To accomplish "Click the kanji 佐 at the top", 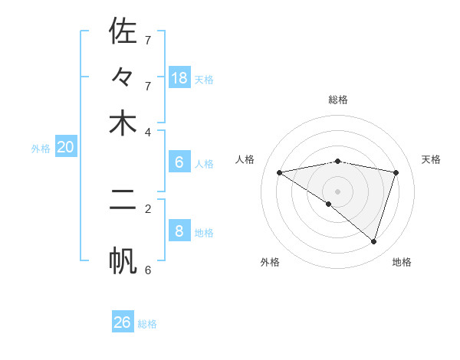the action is pos(123,31).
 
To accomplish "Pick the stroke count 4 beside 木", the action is pos(148,131).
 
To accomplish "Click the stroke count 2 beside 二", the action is pos(148,208).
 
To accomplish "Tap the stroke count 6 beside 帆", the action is pos(148,270).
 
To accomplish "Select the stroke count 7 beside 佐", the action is pos(148,40).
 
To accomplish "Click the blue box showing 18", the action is pos(179,77).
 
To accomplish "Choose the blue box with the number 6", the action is pos(179,162).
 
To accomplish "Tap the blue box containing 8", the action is pos(179,231).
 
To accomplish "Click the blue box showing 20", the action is pos(65,147).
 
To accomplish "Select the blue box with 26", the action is pos(123,322).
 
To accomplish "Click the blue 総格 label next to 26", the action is pos(147,324).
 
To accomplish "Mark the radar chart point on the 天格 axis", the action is pos(396,172).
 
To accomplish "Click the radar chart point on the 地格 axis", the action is pos(373,241).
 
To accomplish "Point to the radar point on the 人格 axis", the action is pos(280,172).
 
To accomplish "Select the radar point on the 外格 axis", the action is pos(329,204).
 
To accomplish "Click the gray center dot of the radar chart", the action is pos(338,191).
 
